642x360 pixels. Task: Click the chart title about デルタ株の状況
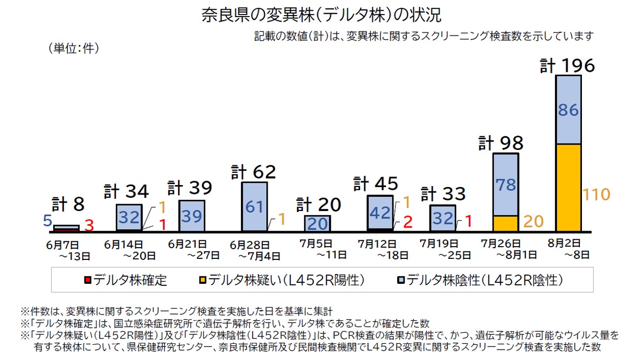pyautogui.click(x=321, y=15)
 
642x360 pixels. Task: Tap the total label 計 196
pyautogui.click(x=567, y=66)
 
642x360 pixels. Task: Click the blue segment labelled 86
pyautogui.click(x=568, y=110)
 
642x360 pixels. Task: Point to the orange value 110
pyautogui.click(x=597, y=195)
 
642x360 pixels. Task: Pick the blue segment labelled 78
pyautogui.click(x=505, y=185)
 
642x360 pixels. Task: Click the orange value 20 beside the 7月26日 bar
pyautogui.click(x=533, y=222)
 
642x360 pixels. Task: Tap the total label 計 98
pyautogui.click(x=501, y=144)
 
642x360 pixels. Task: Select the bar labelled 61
pyautogui.click(x=255, y=207)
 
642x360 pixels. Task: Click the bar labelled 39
pyautogui.click(x=192, y=215)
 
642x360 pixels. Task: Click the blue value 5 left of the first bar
pyautogui.click(x=47, y=221)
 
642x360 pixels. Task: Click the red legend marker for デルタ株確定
pyautogui.click(x=87, y=280)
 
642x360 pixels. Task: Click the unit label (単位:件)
pyautogui.click(x=74, y=48)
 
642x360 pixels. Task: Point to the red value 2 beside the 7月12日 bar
pyautogui.click(x=408, y=222)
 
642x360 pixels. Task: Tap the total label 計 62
pyautogui.click(x=254, y=172)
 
